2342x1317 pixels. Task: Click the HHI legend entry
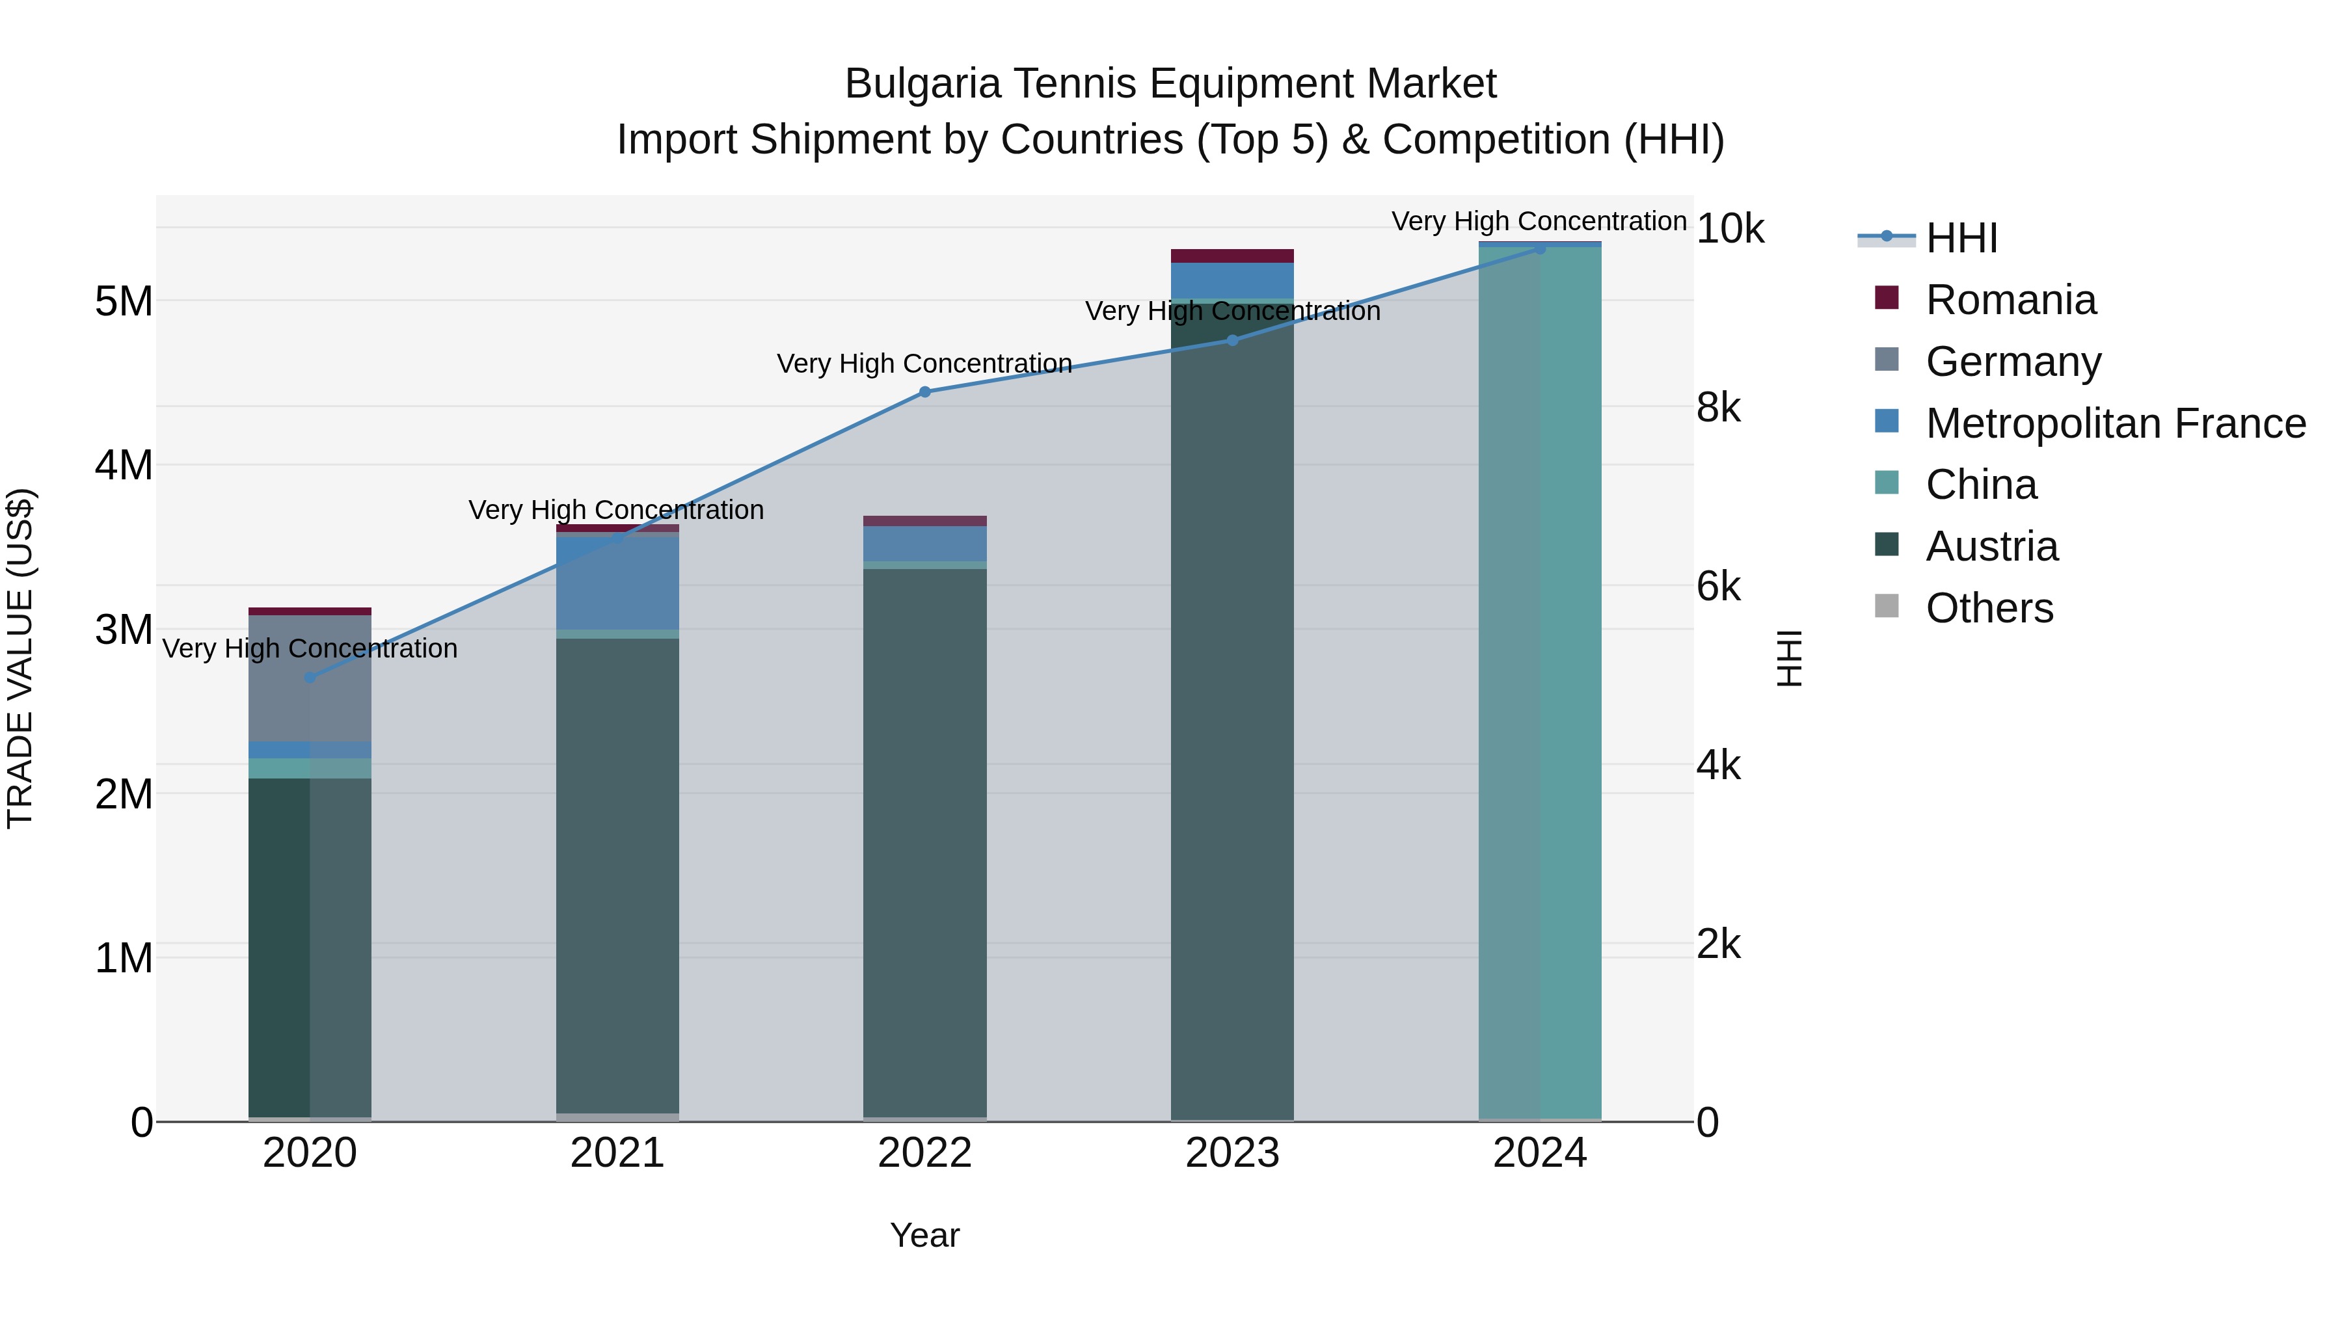click(1961, 238)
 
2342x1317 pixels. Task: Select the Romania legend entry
click(2010, 300)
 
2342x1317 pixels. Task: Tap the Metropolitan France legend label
click(2115, 423)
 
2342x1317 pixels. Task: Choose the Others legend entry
click(1988, 608)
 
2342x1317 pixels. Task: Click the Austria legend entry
click(1991, 546)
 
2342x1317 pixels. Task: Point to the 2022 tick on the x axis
click(924, 1153)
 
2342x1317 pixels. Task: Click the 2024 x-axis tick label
click(1539, 1153)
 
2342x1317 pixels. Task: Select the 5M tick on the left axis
click(124, 301)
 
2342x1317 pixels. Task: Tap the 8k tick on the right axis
click(1718, 407)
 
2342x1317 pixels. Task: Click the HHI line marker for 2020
click(310, 677)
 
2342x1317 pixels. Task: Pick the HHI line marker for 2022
click(924, 392)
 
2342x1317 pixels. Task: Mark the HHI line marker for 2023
click(1232, 340)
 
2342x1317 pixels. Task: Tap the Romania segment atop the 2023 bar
click(1232, 256)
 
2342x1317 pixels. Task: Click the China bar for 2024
click(1539, 682)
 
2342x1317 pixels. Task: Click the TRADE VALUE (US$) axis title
click(20, 658)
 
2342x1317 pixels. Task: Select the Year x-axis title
click(924, 1235)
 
